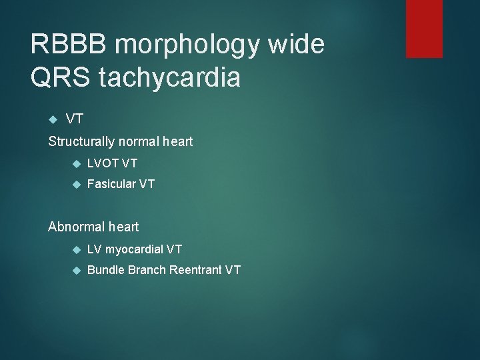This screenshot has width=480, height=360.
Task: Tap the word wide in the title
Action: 297,45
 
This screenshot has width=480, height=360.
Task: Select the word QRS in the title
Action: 60,78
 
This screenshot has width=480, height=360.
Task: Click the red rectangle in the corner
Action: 424,28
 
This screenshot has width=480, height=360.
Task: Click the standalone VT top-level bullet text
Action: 75,119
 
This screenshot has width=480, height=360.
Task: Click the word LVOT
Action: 103,163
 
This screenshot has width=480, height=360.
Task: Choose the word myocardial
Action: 135,249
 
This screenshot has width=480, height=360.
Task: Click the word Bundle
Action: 105,270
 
